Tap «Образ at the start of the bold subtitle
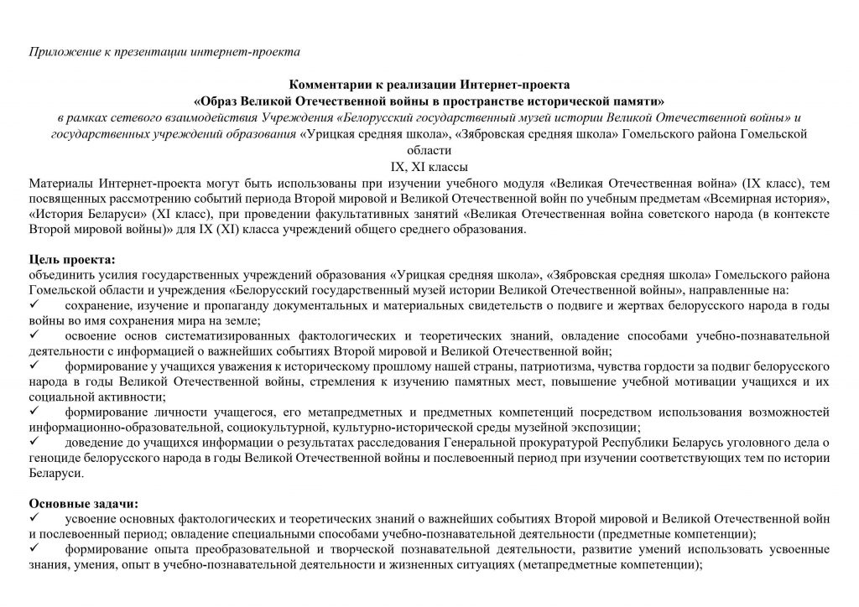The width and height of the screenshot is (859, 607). tap(218, 100)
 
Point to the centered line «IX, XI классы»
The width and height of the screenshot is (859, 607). tap(429, 166)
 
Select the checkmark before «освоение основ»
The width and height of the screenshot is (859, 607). tap(34, 335)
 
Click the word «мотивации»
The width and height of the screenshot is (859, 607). tap(685, 381)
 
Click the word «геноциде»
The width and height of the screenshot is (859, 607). tap(55, 457)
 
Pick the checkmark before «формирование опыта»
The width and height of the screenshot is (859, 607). tap(34, 548)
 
